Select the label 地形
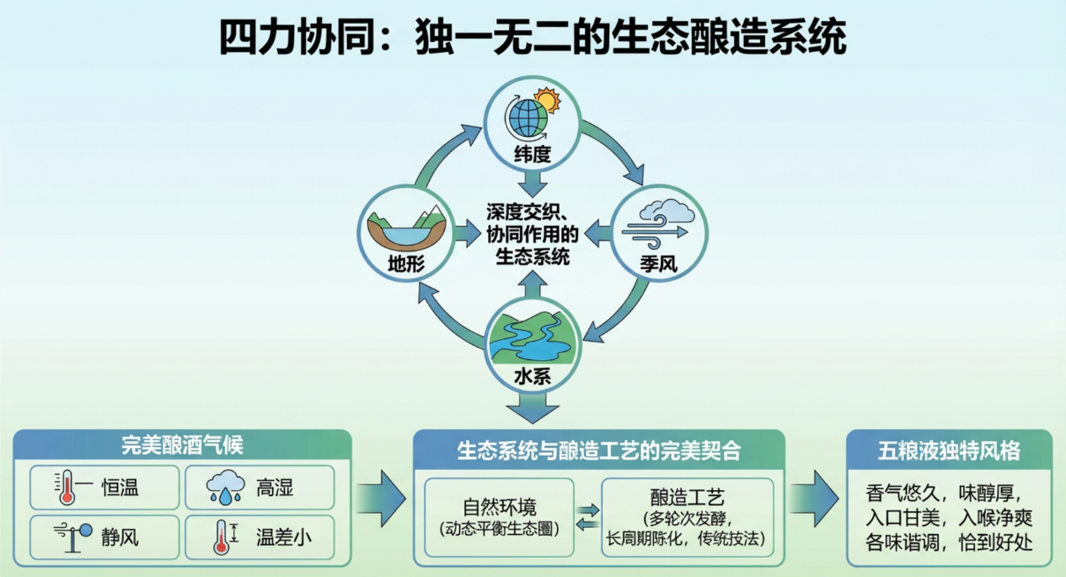coord(405,264)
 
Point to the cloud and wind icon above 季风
coord(657,221)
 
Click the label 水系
coord(532,377)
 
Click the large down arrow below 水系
coord(532,408)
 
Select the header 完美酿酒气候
coord(182,445)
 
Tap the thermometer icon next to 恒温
coord(67,488)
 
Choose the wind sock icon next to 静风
coord(67,535)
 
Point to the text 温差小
coord(282,536)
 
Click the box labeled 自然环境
coord(499,517)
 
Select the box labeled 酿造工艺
coord(688,517)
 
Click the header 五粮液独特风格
coord(949,450)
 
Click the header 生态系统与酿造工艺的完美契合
coord(598,450)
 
